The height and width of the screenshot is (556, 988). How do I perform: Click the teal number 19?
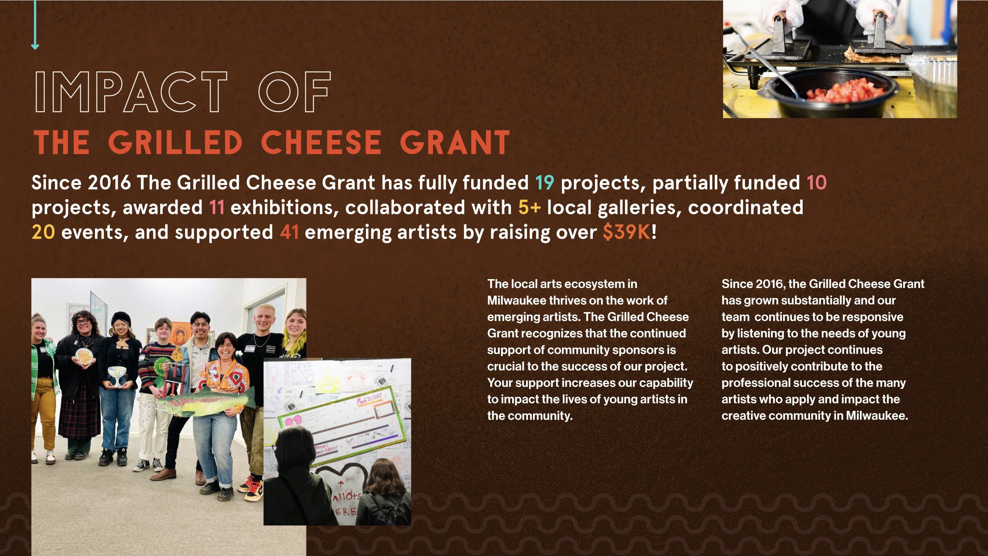coord(545,183)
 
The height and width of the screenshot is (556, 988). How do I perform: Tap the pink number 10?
coord(816,183)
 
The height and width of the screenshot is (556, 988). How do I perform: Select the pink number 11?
coord(217,207)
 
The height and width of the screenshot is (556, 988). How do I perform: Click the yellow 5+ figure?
coord(530,207)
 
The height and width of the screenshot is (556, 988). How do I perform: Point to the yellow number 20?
coord(43,232)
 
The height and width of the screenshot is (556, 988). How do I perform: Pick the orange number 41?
coord(289,232)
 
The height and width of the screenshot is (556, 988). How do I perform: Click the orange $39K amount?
coord(627,232)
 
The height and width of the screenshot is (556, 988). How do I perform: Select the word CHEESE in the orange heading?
coord(321,142)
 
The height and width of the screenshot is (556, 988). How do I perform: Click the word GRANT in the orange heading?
coord(455,142)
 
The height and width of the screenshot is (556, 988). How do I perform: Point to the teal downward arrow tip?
coord(35,49)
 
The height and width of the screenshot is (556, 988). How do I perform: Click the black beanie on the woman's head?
coord(121,319)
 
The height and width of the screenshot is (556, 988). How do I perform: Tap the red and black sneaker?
coord(251,489)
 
